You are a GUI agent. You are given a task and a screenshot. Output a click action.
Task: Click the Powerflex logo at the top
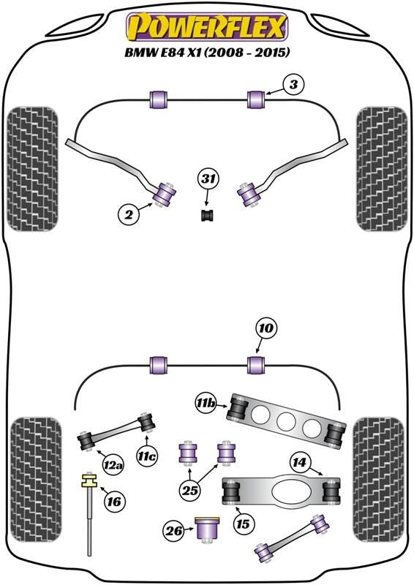tap(207, 26)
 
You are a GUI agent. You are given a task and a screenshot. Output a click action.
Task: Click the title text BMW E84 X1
tap(163, 52)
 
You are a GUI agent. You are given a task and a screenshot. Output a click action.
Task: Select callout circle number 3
tap(294, 85)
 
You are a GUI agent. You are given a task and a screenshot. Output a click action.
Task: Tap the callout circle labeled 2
tap(129, 214)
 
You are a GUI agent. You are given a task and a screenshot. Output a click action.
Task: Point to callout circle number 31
tap(208, 178)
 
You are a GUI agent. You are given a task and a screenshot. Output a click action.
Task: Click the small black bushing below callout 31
tap(208, 215)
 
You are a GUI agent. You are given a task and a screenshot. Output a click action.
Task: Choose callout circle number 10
tap(265, 328)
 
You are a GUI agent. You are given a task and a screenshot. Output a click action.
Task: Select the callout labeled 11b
tap(205, 404)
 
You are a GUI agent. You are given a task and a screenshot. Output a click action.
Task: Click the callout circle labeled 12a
tap(113, 464)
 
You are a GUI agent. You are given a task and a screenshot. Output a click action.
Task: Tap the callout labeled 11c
tap(146, 456)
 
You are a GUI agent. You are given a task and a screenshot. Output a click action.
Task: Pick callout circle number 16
tap(114, 501)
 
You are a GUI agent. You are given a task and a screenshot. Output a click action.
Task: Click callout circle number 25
tap(189, 490)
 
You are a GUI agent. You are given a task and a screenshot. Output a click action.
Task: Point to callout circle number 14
tap(299, 463)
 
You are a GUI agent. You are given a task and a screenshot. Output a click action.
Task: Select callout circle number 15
tap(243, 524)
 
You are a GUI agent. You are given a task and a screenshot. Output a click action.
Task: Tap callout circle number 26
tap(174, 530)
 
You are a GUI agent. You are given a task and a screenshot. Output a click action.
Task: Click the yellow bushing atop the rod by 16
tap(89, 480)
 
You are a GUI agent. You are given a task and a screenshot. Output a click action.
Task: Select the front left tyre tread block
tap(32, 169)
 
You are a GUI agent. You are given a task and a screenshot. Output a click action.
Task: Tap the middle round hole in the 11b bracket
tap(286, 421)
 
